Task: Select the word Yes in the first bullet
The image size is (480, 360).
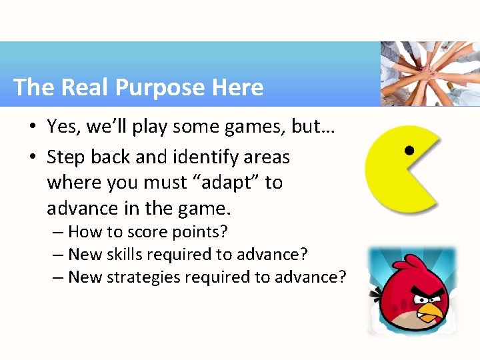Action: (63, 126)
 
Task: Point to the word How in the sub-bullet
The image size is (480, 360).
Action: (84, 232)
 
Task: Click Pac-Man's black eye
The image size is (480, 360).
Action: (410, 149)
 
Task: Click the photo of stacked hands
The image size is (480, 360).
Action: (429, 73)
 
